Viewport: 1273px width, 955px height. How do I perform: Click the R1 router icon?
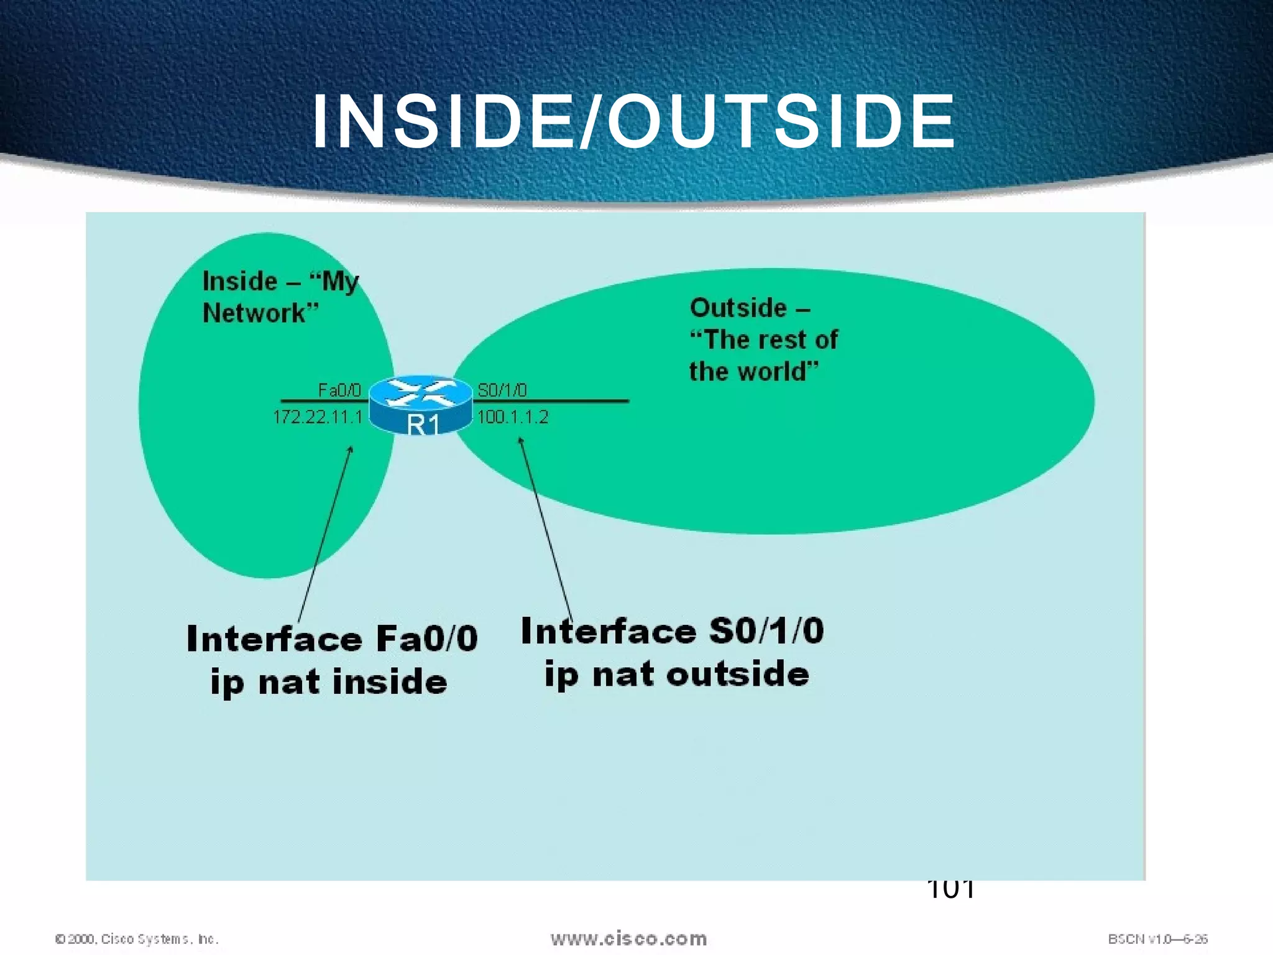pos(421,405)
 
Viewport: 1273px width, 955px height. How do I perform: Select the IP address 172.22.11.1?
pos(318,417)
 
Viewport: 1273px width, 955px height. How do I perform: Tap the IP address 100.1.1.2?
pos(513,417)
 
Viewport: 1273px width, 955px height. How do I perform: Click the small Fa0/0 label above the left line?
pos(339,390)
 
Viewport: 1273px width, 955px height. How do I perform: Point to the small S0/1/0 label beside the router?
pos(502,390)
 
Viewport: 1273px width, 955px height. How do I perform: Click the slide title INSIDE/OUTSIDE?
pos(634,122)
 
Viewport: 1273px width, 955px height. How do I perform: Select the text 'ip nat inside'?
pos(329,681)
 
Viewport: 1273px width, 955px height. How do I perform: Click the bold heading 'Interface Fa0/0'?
pos(332,639)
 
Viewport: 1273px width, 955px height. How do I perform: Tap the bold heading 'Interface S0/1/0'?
pos(673,631)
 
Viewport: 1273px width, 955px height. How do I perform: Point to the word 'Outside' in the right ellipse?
pos(738,308)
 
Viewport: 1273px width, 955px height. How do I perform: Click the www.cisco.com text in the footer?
pos(628,938)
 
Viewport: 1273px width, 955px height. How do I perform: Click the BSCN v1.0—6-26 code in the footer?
pos(1157,939)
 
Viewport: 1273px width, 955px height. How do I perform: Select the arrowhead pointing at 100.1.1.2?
pos(521,441)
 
